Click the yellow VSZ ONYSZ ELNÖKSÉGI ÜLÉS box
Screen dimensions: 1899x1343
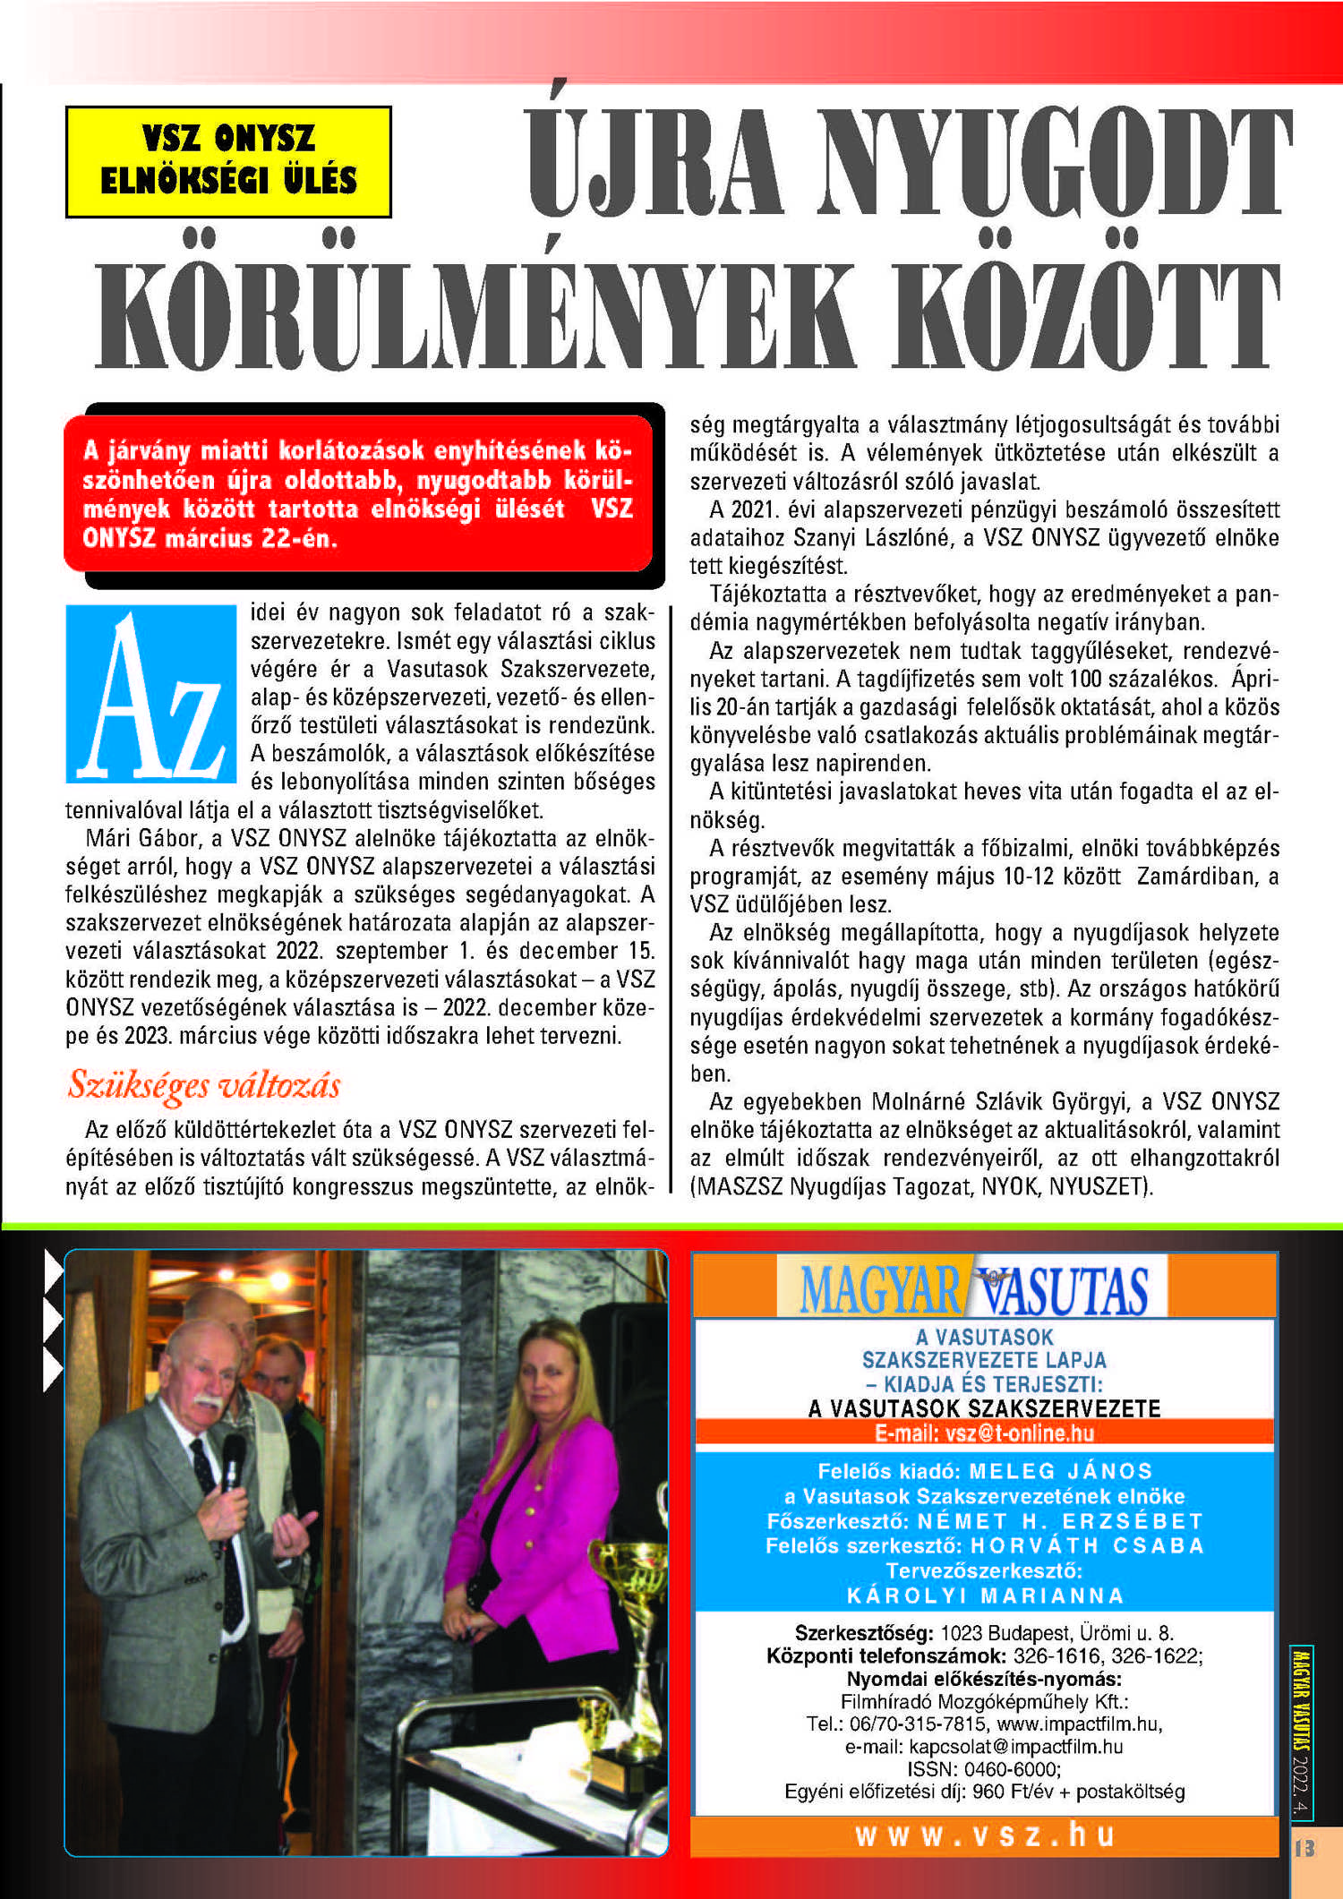pos(228,161)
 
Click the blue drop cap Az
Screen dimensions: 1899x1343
pos(151,694)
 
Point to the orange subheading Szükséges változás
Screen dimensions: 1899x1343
pos(204,1085)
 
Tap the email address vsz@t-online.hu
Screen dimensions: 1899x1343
pos(1020,1433)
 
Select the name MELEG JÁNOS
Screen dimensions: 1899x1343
pos(1061,1471)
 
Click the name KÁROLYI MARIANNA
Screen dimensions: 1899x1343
pos(985,1595)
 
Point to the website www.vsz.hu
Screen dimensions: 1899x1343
pos(985,1835)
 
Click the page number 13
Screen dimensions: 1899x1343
pos(1305,1848)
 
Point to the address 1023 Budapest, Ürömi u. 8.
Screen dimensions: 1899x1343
pos(1056,1633)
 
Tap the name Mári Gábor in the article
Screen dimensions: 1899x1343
pos(141,838)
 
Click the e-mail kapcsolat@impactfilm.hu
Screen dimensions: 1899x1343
pos(1016,1747)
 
